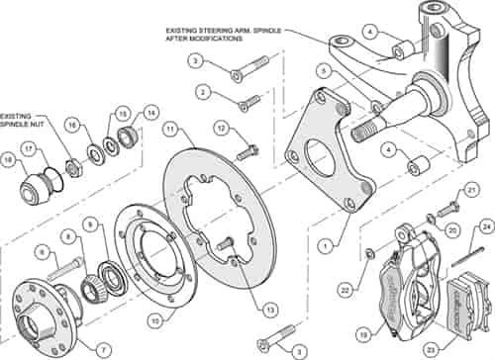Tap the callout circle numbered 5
click(323, 71)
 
